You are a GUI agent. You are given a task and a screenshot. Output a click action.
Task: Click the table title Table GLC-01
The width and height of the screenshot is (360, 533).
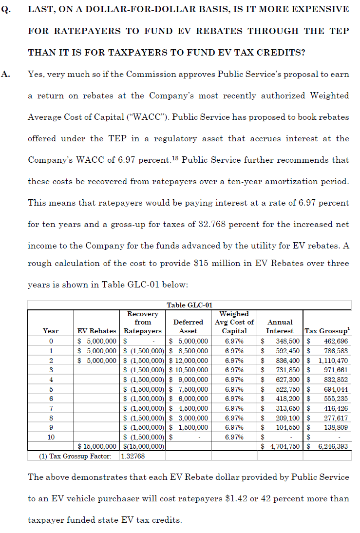[x=189, y=305]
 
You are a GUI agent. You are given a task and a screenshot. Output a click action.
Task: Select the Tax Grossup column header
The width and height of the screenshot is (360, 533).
[x=326, y=331]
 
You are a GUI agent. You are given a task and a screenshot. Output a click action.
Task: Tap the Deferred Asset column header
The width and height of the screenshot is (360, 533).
[x=188, y=326]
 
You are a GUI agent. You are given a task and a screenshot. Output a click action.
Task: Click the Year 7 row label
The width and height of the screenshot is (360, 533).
[x=51, y=407]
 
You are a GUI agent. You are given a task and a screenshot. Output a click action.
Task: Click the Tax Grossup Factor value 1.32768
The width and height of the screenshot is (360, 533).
[x=134, y=456]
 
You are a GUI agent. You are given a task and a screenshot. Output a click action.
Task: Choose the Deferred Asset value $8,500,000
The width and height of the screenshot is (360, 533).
[x=188, y=350]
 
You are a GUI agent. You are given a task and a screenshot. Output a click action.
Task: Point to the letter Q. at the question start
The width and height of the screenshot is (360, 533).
[x=6, y=9]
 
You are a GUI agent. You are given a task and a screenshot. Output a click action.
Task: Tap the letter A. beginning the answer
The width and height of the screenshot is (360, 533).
[x=6, y=74]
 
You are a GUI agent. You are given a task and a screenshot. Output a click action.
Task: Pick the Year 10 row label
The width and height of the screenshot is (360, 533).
[x=51, y=437]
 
